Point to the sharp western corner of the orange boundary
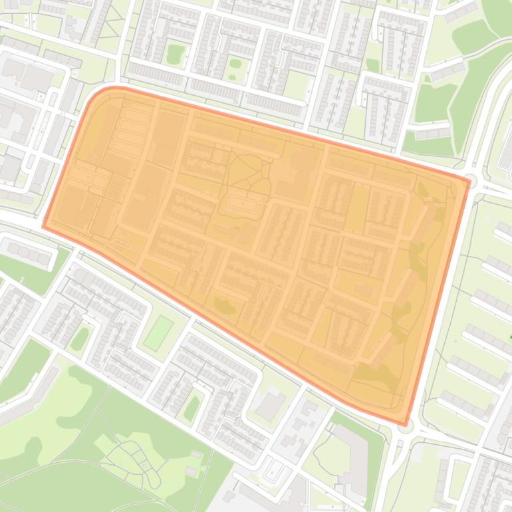[x=44, y=226]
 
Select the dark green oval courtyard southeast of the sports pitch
[x=192, y=407]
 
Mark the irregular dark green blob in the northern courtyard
[x=175, y=53]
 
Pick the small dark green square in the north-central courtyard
[x=372, y=65]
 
